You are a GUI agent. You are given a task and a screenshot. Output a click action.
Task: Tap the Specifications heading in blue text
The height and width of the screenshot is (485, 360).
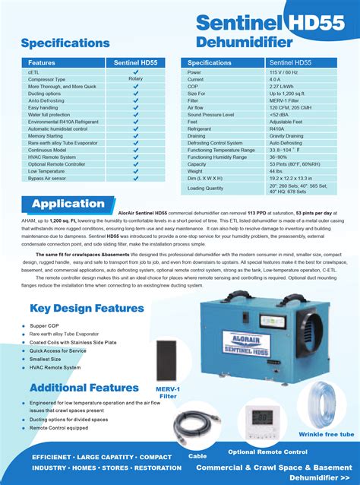click(x=65, y=43)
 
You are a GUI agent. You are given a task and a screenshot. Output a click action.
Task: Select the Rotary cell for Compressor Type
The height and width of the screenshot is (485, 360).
click(x=135, y=79)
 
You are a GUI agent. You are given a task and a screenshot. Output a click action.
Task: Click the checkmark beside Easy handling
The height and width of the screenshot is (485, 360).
click(x=135, y=107)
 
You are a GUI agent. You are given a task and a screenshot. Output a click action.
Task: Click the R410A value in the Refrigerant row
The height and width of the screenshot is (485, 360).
click(x=276, y=128)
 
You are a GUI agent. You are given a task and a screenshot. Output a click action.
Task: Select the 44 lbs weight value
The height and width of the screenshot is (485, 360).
click(x=276, y=171)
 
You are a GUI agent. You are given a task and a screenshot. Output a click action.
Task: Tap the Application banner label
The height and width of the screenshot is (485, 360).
click(x=68, y=204)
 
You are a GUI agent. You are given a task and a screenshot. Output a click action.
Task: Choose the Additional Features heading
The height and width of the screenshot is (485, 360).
click(x=84, y=388)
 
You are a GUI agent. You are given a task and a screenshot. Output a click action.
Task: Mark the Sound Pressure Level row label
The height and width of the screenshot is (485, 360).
click(x=216, y=114)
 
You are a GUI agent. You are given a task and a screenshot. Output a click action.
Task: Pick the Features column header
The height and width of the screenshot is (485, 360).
click(x=42, y=62)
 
